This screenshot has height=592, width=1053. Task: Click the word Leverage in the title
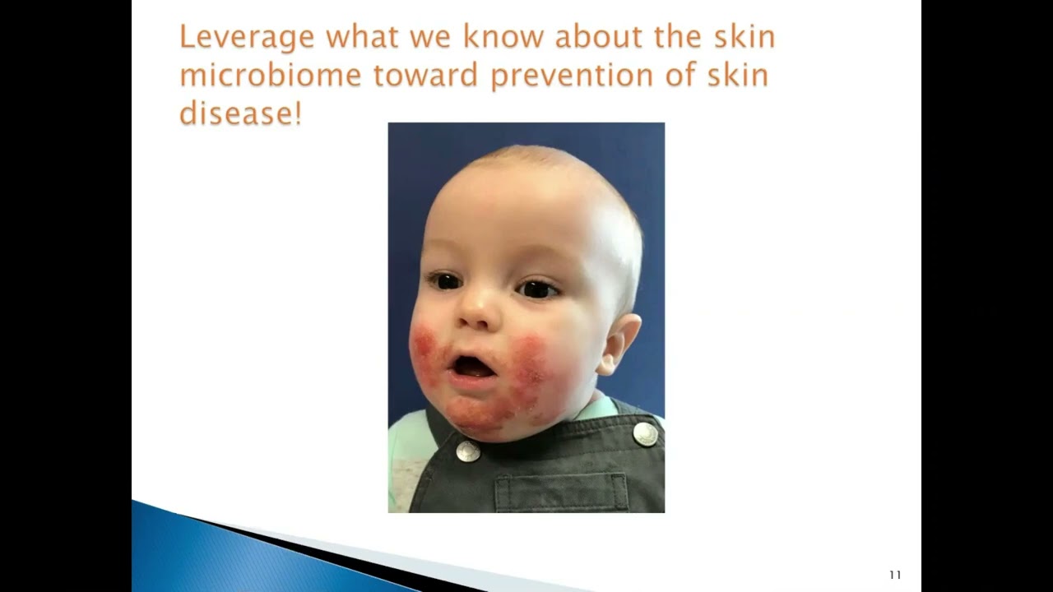coord(247,38)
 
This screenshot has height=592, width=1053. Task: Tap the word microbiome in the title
coord(270,76)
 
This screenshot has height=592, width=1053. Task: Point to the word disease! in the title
coord(240,113)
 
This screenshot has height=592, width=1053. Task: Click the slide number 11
coord(895,575)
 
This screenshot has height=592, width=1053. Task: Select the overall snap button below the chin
coord(468,451)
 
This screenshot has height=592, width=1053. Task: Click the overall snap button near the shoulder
coord(646,433)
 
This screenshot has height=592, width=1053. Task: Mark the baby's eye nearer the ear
coord(538,289)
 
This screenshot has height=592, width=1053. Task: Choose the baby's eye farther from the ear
coord(445,282)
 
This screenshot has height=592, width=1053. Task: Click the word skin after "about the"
coord(743,38)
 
